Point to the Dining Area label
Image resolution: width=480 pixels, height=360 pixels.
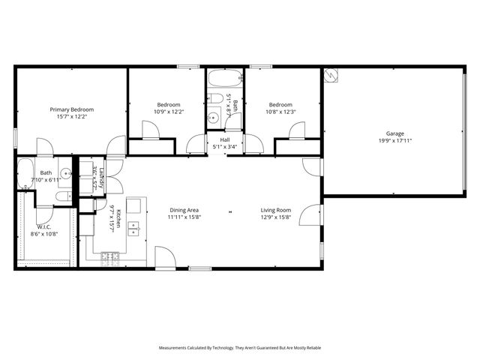point(184,210)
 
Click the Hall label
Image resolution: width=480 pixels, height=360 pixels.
point(224,139)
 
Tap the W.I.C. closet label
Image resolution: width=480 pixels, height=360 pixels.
point(43,226)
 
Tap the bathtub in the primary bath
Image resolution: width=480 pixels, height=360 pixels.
point(23,173)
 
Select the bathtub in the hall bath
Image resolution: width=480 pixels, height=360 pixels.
point(224,79)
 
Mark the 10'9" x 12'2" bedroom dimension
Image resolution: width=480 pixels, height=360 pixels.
point(169,112)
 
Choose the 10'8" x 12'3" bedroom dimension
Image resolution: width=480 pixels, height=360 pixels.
point(280,112)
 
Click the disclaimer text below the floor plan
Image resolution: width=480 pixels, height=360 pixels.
point(239,348)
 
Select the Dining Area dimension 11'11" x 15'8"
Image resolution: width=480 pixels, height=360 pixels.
point(184,217)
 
